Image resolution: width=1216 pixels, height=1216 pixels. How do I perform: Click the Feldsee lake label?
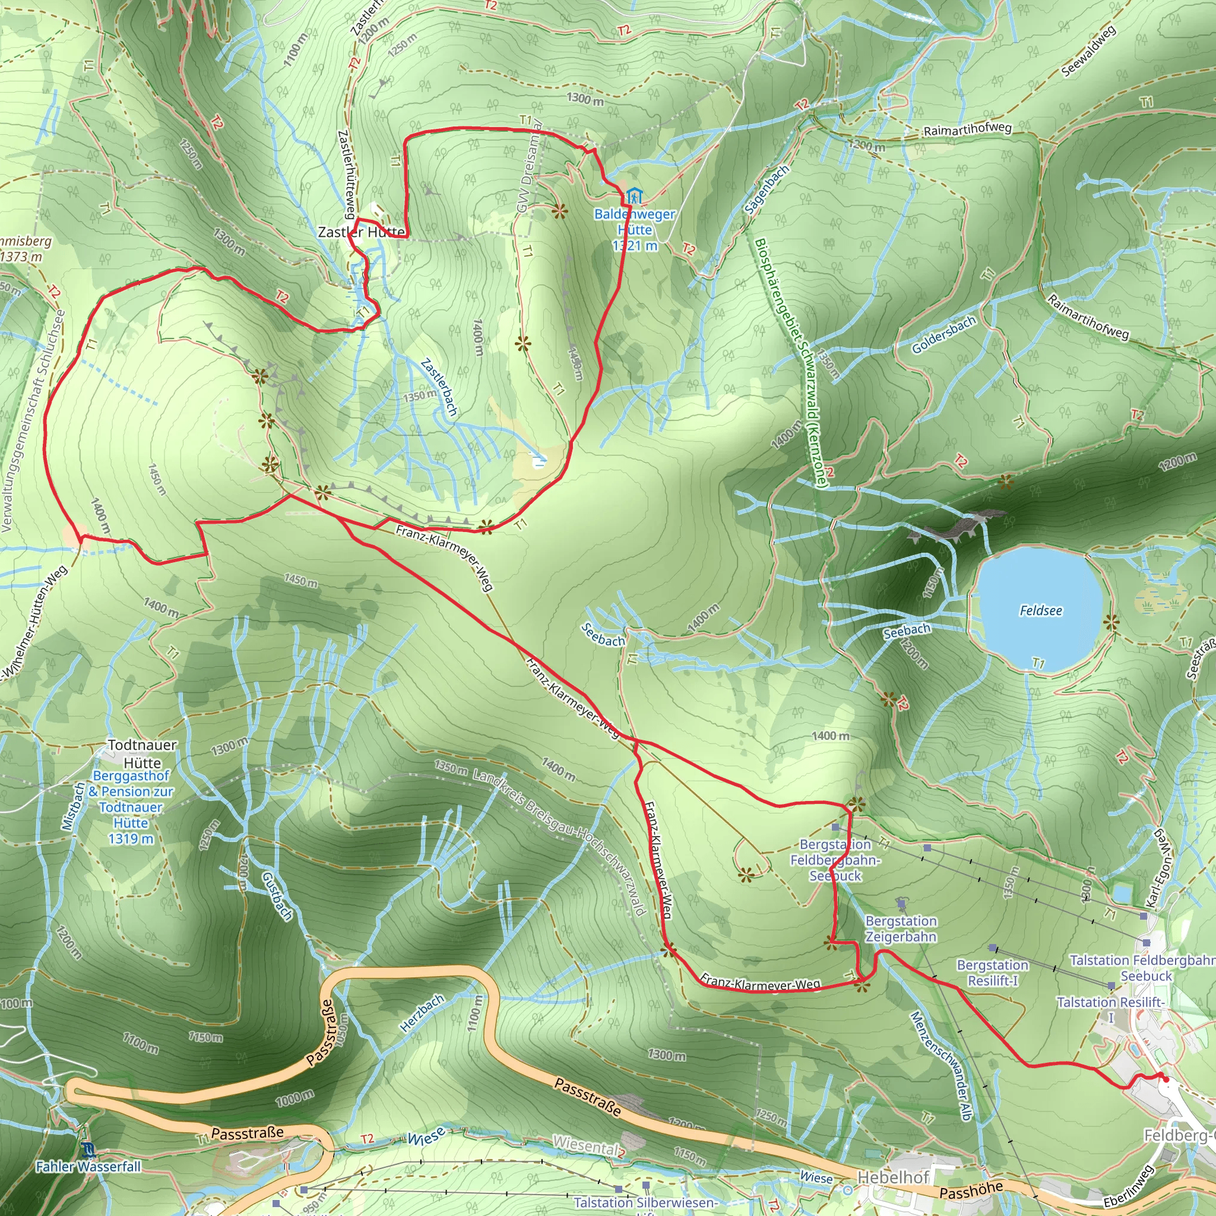[1040, 610]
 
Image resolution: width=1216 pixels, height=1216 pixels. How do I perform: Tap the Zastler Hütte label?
[361, 232]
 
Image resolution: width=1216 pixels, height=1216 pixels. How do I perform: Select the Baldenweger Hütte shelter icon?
[634, 195]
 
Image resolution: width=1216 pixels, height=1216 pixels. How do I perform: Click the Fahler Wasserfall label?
[88, 1167]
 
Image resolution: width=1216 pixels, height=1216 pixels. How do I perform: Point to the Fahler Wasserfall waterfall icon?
[88, 1150]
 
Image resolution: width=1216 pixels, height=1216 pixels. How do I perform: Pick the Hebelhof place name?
[893, 1177]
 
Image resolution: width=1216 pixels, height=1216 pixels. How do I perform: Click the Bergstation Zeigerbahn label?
[901, 929]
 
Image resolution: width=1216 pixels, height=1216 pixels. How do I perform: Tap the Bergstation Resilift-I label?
[993, 973]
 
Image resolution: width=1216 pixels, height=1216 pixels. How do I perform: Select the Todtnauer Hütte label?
[142, 753]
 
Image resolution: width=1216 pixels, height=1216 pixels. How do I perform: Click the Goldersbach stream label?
[943, 334]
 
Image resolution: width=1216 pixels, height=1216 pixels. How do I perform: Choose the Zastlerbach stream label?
[439, 387]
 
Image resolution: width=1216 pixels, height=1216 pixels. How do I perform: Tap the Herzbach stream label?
[422, 1013]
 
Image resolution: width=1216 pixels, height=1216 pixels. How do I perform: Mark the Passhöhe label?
[971, 1191]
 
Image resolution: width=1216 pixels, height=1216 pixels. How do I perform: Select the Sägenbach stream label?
[766, 189]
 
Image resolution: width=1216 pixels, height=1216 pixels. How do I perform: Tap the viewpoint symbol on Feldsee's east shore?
[1111, 623]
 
